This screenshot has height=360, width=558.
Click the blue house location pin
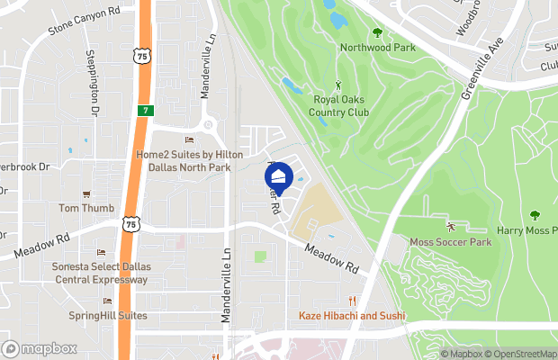(x=278, y=177)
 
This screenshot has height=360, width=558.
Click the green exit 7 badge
(x=144, y=110)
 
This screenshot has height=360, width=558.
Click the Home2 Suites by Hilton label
(x=189, y=160)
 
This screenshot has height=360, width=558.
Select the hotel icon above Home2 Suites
(x=189, y=139)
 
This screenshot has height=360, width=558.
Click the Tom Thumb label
(x=86, y=208)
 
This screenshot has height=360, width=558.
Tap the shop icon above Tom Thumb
(x=86, y=193)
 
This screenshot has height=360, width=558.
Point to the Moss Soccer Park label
(x=450, y=242)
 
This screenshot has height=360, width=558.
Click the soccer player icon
(x=450, y=225)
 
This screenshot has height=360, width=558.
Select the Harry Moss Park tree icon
(x=535, y=215)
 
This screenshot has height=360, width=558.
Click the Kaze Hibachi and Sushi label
(x=354, y=317)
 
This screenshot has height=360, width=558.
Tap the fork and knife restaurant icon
(x=354, y=301)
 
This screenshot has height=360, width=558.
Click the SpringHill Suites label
(x=107, y=316)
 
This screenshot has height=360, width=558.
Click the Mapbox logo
(x=40, y=348)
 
